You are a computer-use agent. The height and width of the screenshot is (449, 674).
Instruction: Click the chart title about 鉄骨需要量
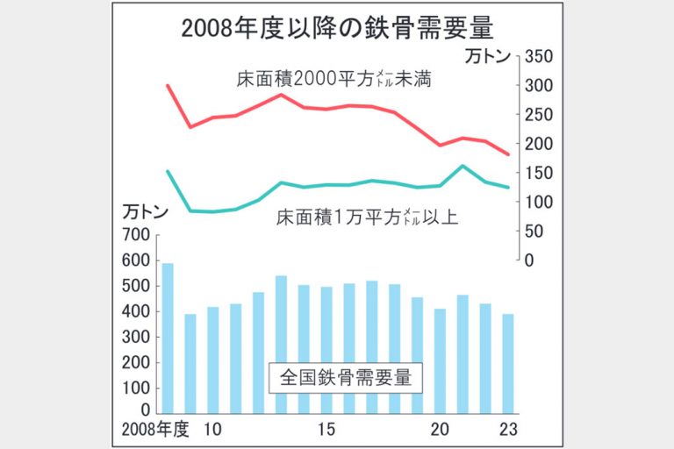(x=337, y=27)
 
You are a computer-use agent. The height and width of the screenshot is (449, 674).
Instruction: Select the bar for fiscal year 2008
(x=167, y=338)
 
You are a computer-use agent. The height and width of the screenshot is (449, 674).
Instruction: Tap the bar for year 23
(x=507, y=363)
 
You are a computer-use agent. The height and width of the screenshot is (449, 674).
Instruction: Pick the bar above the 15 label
(x=326, y=350)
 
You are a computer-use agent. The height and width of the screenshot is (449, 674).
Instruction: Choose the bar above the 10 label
(x=212, y=360)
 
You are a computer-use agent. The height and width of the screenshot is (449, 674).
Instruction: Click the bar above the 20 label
(x=440, y=360)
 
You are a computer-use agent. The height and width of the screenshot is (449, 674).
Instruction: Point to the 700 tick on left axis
(x=138, y=235)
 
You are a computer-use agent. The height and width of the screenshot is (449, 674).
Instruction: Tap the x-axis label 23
(x=508, y=430)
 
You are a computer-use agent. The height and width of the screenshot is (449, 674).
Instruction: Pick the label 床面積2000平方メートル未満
(x=337, y=80)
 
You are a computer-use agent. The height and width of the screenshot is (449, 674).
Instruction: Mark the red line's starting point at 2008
(x=167, y=86)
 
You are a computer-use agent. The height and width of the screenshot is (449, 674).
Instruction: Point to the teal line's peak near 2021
(x=462, y=166)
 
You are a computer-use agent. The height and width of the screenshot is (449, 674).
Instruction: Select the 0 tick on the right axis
(x=529, y=260)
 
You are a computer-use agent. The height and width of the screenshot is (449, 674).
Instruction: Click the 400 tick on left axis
(x=138, y=311)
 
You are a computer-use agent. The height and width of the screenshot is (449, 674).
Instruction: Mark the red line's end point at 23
(x=508, y=154)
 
